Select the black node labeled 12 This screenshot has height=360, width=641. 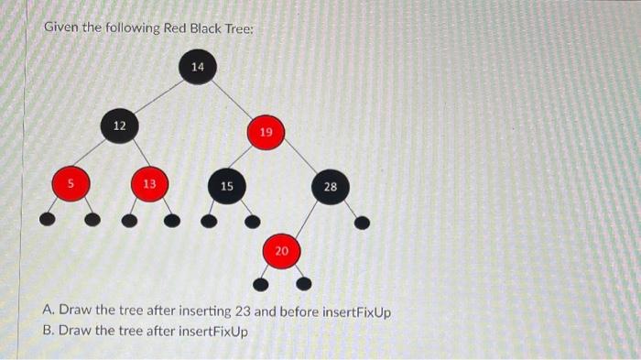click(120, 125)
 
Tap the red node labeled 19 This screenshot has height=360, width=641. click(266, 134)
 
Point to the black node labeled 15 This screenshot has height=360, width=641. click(226, 186)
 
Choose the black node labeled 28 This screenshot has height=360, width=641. click(330, 187)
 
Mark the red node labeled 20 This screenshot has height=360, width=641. click(282, 250)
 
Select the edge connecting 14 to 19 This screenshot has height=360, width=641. click(232, 100)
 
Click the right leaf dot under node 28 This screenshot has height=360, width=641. click(362, 222)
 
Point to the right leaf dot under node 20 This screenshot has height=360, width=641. click(309, 282)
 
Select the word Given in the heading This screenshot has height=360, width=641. click(64, 27)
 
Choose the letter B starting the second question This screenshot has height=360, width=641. click(48, 330)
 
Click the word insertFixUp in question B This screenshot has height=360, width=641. click(214, 330)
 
